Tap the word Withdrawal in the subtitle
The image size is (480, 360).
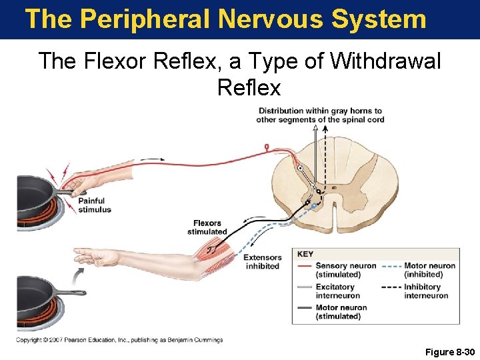pyautogui.click(x=385, y=61)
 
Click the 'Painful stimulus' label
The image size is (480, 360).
pyautogui.click(x=95, y=205)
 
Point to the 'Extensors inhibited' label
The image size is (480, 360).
pyautogui.click(x=262, y=262)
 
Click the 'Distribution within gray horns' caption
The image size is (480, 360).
pyautogui.click(x=320, y=115)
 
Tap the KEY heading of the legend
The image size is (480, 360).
pyautogui.click(x=305, y=254)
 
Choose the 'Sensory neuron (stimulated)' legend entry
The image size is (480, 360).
pyautogui.click(x=345, y=270)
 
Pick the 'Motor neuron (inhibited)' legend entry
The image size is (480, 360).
pyautogui.click(x=430, y=270)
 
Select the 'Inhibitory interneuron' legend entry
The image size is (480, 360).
pyautogui.click(x=426, y=291)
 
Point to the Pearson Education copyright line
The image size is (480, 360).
pyautogui.click(x=119, y=340)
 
